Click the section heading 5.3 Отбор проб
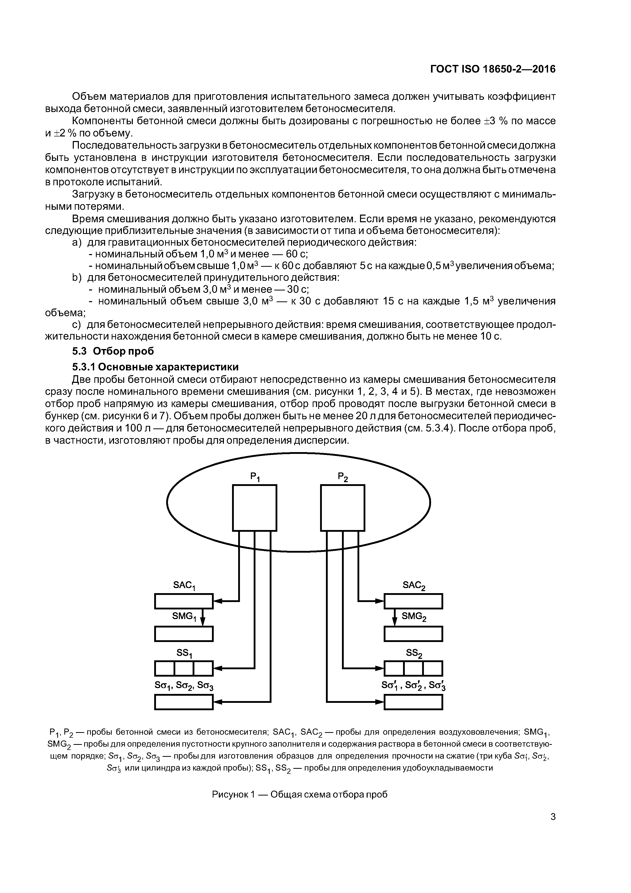coord(113,351)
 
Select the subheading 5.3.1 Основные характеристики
coord(155,367)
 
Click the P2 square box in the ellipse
coord(342,508)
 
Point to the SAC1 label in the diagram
coord(184,586)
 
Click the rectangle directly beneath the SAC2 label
coord(413,601)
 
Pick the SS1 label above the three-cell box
coord(184,653)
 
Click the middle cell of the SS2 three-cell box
coord(413,668)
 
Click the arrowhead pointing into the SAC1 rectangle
coord(218,601)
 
